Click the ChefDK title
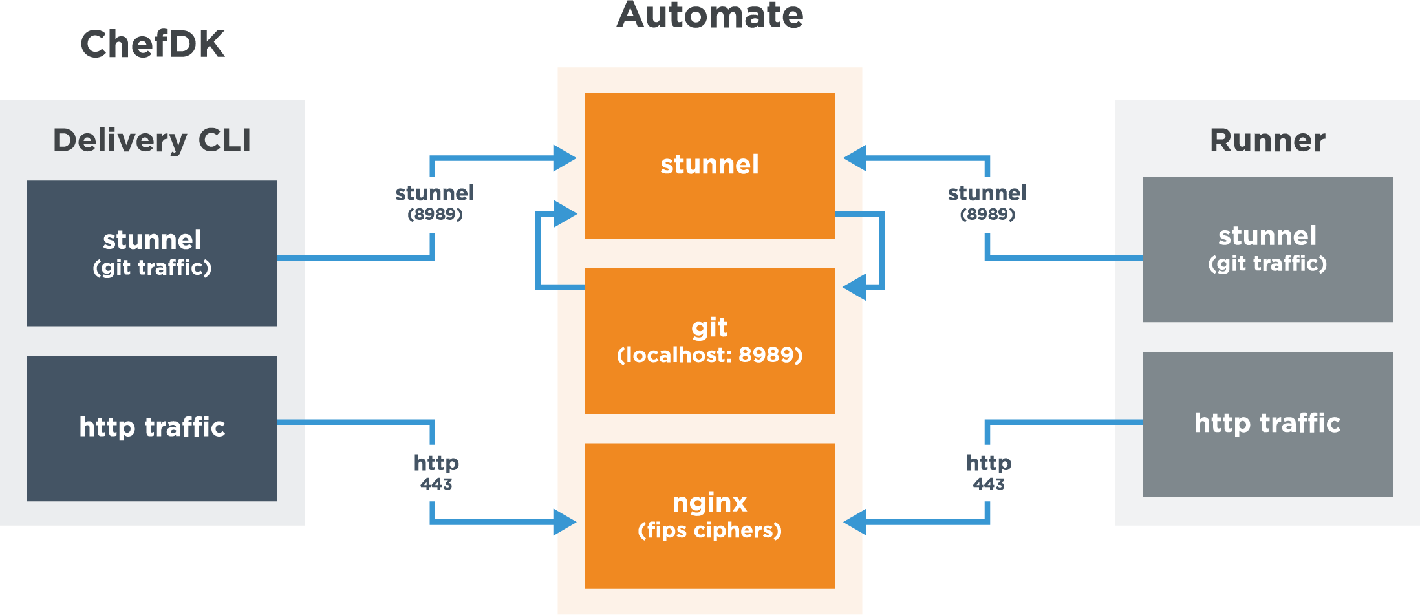point(153,44)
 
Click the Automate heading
point(709,15)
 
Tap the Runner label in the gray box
point(1267,140)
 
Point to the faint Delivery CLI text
point(152,140)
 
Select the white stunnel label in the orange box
point(709,164)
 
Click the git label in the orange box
point(709,327)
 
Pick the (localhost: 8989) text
point(709,355)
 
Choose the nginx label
point(709,502)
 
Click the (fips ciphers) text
point(709,530)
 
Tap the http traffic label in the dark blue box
point(152,427)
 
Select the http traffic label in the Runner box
point(1267,423)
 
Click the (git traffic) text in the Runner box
point(1267,264)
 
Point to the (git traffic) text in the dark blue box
point(152,268)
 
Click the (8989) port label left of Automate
point(435,214)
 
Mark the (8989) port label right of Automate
point(987,214)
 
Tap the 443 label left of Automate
point(436,484)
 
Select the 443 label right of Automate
point(988,484)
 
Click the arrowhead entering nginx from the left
point(565,522)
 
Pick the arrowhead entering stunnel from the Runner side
point(855,158)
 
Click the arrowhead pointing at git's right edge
point(854,286)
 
